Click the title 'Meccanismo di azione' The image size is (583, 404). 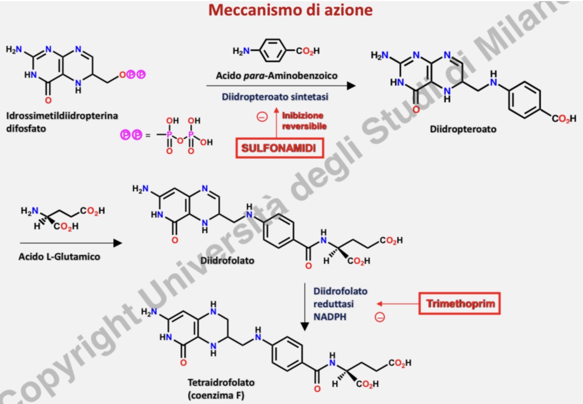tap(290, 10)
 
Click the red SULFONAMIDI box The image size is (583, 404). tap(279, 148)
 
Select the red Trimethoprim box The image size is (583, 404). tap(459, 303)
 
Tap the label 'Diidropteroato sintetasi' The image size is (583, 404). tap(275, 97)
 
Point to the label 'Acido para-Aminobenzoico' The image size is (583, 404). tap(276, 75)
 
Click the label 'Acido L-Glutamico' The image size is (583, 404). tap(59, 257)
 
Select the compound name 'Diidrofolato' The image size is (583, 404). tap(227, 260)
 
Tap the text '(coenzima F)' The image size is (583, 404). tap(216, 395)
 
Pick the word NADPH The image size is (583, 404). tap(330, 317)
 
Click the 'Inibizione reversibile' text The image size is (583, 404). tap(304, 121)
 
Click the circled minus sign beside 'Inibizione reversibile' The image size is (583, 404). tap(262, 117)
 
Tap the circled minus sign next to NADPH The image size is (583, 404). tap(379, 317)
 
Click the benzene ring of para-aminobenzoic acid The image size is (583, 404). tap(273, 50)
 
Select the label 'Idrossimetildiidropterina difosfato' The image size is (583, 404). tap(62, 122)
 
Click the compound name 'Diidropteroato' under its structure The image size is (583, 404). tap(463, 129)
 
